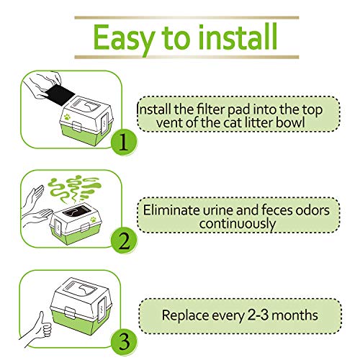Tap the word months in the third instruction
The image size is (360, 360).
click(x=297, y=315)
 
